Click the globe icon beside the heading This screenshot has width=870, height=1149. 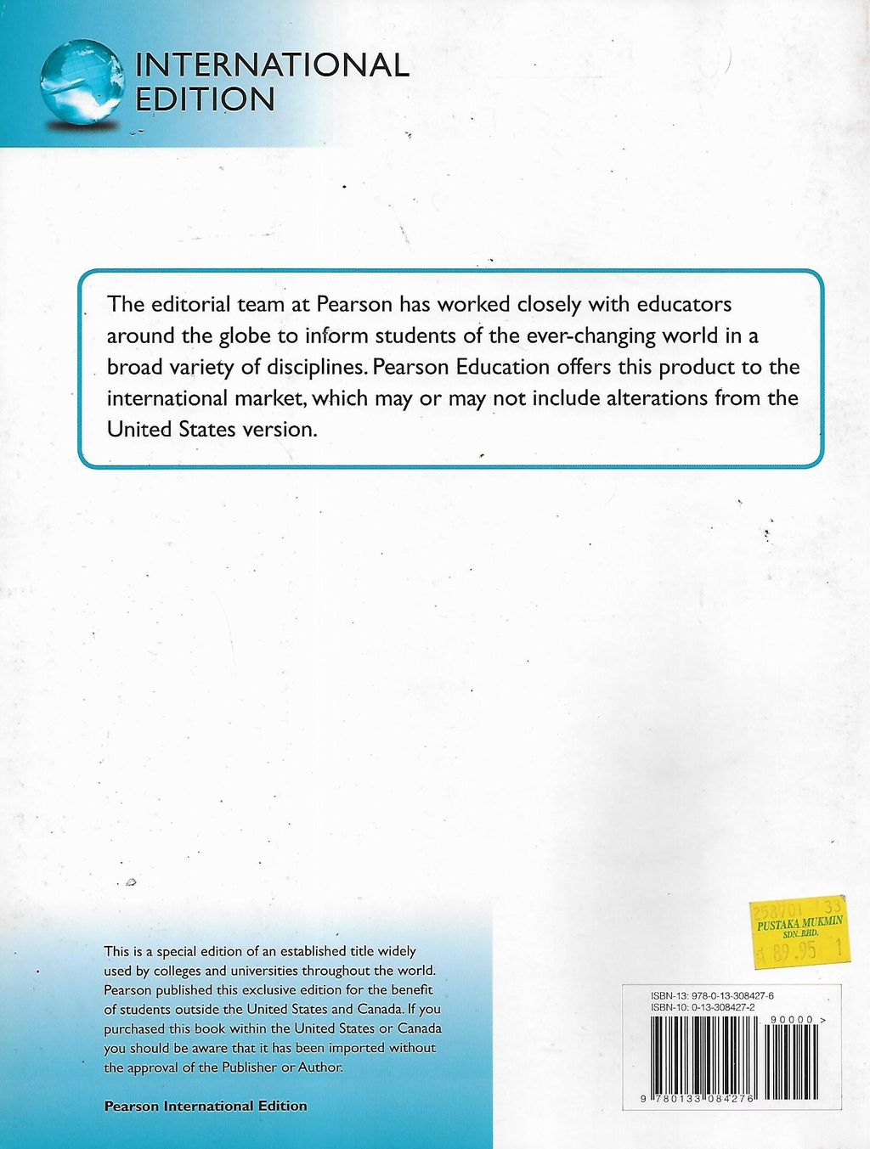tap(82, 83)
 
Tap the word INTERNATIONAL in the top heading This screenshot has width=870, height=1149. tap(272, 65)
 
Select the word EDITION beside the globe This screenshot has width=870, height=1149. tap(205, 100)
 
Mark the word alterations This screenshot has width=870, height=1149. tap(658, 398)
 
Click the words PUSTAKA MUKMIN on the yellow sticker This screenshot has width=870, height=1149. tap(799, 922)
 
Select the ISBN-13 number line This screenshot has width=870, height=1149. tap(712, 995)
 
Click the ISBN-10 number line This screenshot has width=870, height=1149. tap(703, 1006)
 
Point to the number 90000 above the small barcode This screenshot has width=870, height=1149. tap(792, 1019)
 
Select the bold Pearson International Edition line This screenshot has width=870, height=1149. tap(205, 1106)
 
